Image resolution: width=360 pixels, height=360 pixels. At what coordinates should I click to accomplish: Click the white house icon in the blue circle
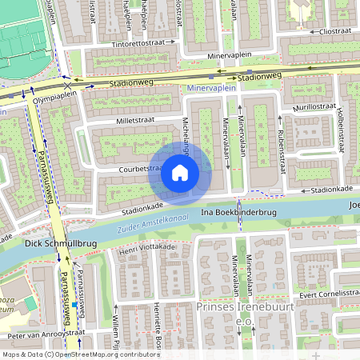180,173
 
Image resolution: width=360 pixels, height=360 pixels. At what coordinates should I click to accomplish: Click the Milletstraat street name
141,122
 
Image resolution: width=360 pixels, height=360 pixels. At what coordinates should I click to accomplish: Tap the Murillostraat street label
314,106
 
